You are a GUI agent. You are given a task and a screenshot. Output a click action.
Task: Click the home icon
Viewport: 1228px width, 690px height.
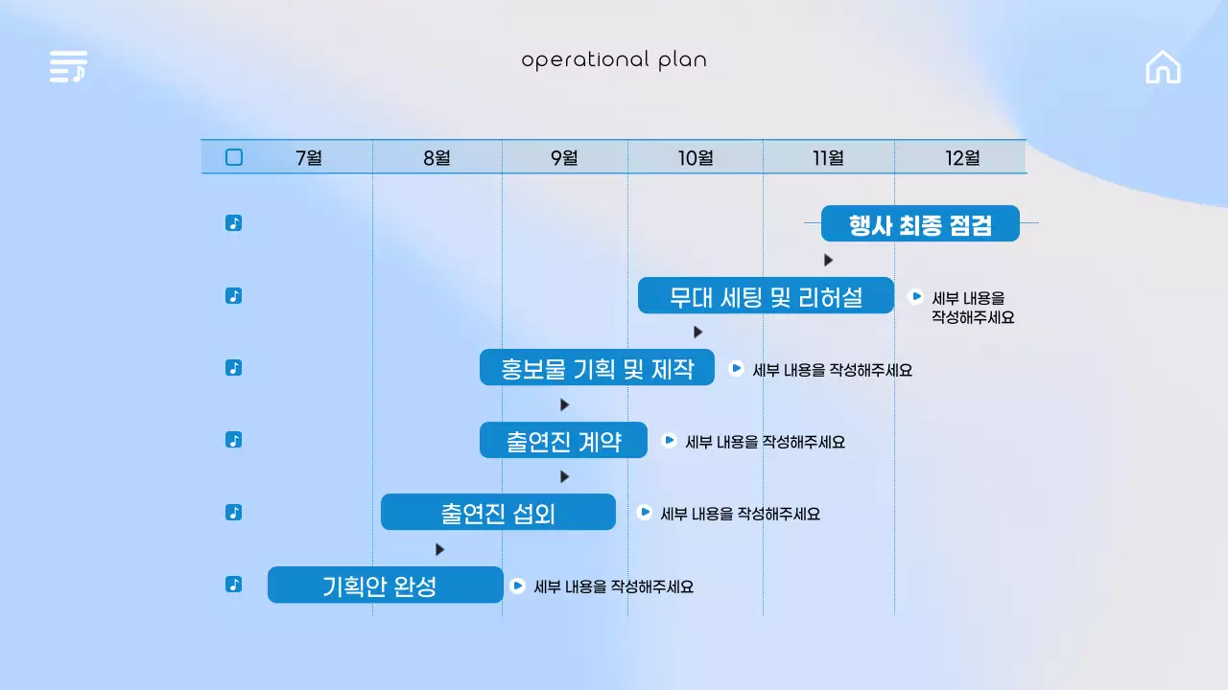(1163, 67)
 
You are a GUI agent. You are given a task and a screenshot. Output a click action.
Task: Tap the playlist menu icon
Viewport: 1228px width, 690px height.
(68, 67)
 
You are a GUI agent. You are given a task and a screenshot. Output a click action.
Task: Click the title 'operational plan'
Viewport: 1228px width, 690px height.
(614, 60)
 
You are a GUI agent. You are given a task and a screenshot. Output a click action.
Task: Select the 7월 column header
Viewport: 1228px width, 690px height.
(309, 157)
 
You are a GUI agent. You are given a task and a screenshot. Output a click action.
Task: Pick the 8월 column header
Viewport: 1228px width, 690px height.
(437, 157)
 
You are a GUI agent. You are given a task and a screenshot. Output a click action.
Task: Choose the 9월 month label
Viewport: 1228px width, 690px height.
(564, 157)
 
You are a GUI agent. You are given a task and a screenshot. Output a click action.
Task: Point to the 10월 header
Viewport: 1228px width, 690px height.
(696, 157)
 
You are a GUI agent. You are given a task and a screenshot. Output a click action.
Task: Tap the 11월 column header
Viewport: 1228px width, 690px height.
(828, 157)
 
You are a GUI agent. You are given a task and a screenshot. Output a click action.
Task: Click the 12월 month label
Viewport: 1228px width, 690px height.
(962, 157)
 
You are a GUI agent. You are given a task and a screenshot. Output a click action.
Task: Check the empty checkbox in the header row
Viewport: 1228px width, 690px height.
(234, 157)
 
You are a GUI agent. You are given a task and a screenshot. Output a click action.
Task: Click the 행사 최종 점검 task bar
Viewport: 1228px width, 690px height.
(920, 223)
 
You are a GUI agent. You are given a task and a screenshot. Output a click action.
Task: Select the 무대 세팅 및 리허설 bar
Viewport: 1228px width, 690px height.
(766, 295)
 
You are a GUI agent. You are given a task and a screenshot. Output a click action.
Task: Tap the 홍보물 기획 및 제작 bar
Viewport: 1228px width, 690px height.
(597, 368)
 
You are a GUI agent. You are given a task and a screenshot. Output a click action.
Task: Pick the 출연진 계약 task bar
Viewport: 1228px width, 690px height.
(563, 440)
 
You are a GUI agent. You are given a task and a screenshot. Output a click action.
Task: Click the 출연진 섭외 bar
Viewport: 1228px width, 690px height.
(498, 512)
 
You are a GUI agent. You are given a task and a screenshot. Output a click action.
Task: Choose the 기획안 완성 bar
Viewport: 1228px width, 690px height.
(385, 585)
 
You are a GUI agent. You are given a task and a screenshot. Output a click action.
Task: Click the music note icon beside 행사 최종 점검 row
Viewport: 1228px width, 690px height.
(233, 223)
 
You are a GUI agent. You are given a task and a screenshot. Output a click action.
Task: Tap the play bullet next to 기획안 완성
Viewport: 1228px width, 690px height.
(517, 586)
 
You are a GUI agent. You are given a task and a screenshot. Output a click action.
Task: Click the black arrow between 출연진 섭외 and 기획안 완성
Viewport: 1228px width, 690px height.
(439, 549)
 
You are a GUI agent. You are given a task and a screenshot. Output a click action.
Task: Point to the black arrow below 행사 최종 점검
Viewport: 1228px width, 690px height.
(828, 260)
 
